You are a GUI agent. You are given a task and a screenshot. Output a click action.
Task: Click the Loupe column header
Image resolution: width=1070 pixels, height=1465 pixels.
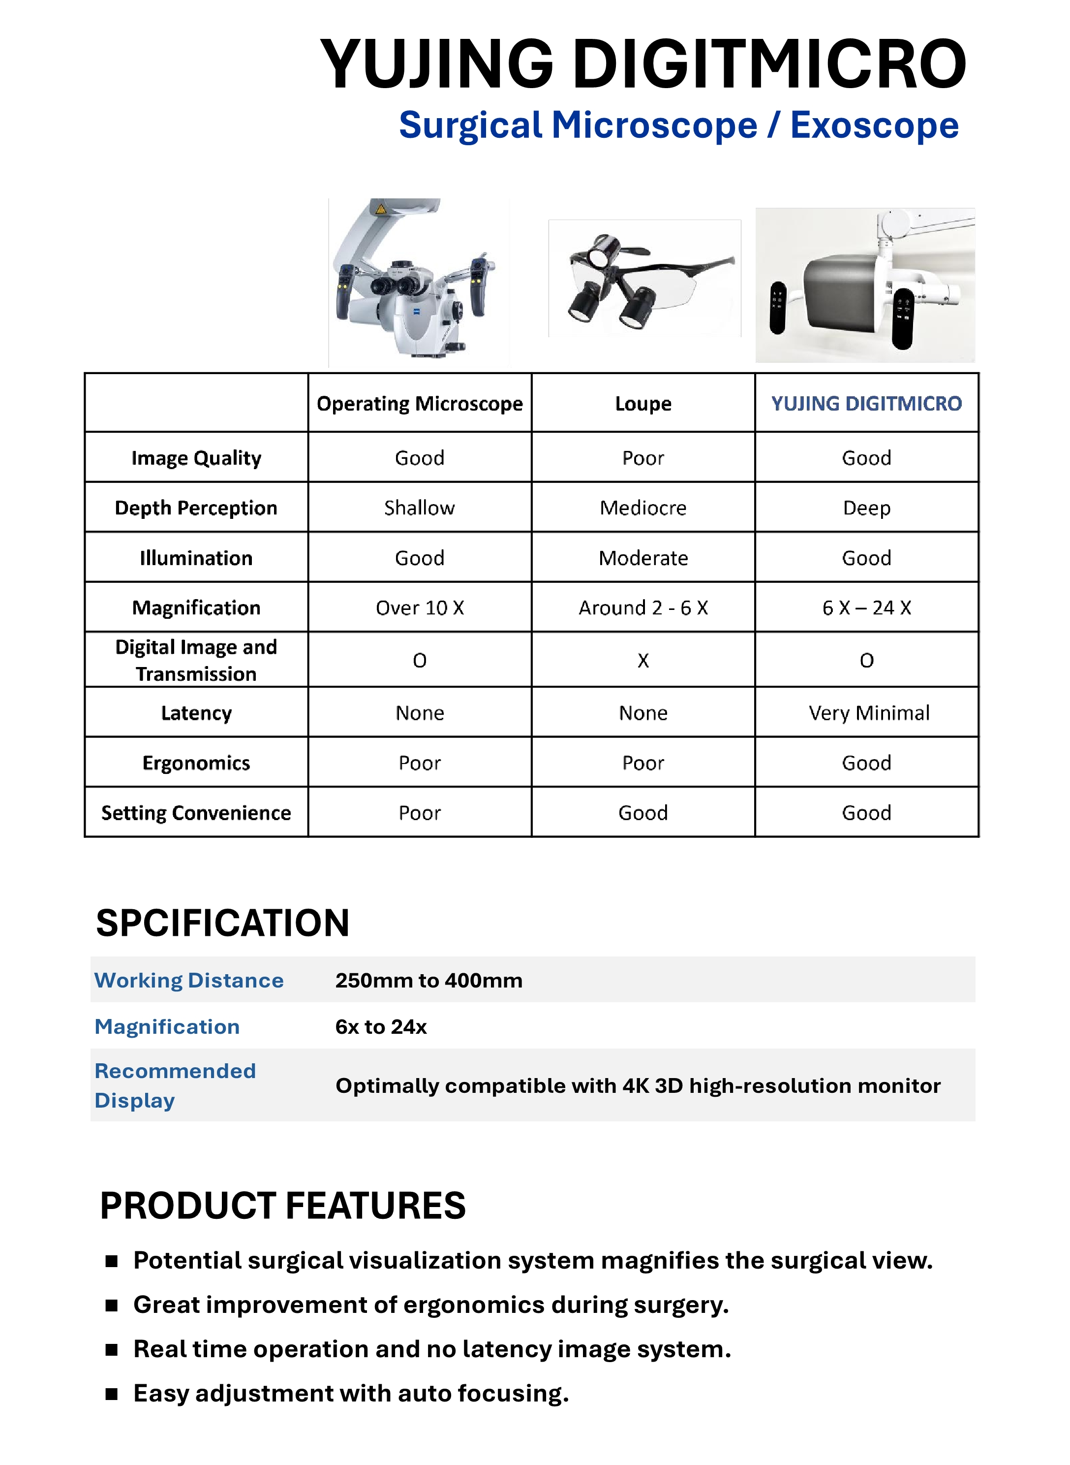point(642,404)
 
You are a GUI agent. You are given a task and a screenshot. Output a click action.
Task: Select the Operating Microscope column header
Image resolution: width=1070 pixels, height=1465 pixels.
point(419,404)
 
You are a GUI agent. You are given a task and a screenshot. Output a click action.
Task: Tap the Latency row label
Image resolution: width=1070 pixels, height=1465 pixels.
point(196,713)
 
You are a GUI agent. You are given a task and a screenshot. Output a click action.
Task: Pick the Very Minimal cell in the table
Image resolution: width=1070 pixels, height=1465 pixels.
point(868,713)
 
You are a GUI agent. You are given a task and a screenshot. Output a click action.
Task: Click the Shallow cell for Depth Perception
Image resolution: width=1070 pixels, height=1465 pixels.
point(419,508)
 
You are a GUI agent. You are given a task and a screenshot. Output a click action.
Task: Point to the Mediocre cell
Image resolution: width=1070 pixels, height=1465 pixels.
point(642,508)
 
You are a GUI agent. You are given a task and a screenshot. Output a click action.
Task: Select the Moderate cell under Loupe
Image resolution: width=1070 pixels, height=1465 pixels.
point(642,558)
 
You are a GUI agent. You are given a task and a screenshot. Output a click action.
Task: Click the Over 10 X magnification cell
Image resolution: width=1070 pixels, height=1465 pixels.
point(419,608)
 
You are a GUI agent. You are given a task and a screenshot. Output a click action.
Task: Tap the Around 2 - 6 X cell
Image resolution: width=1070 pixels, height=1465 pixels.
point(642,608)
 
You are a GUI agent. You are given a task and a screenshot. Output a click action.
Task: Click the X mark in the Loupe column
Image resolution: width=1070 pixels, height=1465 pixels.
point(642,660)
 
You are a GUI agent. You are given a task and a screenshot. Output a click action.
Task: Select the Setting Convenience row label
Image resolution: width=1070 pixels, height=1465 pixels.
point(196,813)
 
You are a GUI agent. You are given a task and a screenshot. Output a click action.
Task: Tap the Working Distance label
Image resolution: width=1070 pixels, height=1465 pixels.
point(188,980)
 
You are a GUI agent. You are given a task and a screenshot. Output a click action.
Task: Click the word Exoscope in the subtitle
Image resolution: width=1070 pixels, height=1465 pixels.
point(874,125)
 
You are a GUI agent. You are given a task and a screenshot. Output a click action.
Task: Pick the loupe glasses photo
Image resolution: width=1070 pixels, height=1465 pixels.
point(644,279)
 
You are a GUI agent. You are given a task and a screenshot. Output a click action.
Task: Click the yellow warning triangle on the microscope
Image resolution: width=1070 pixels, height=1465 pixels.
point(381,209)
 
